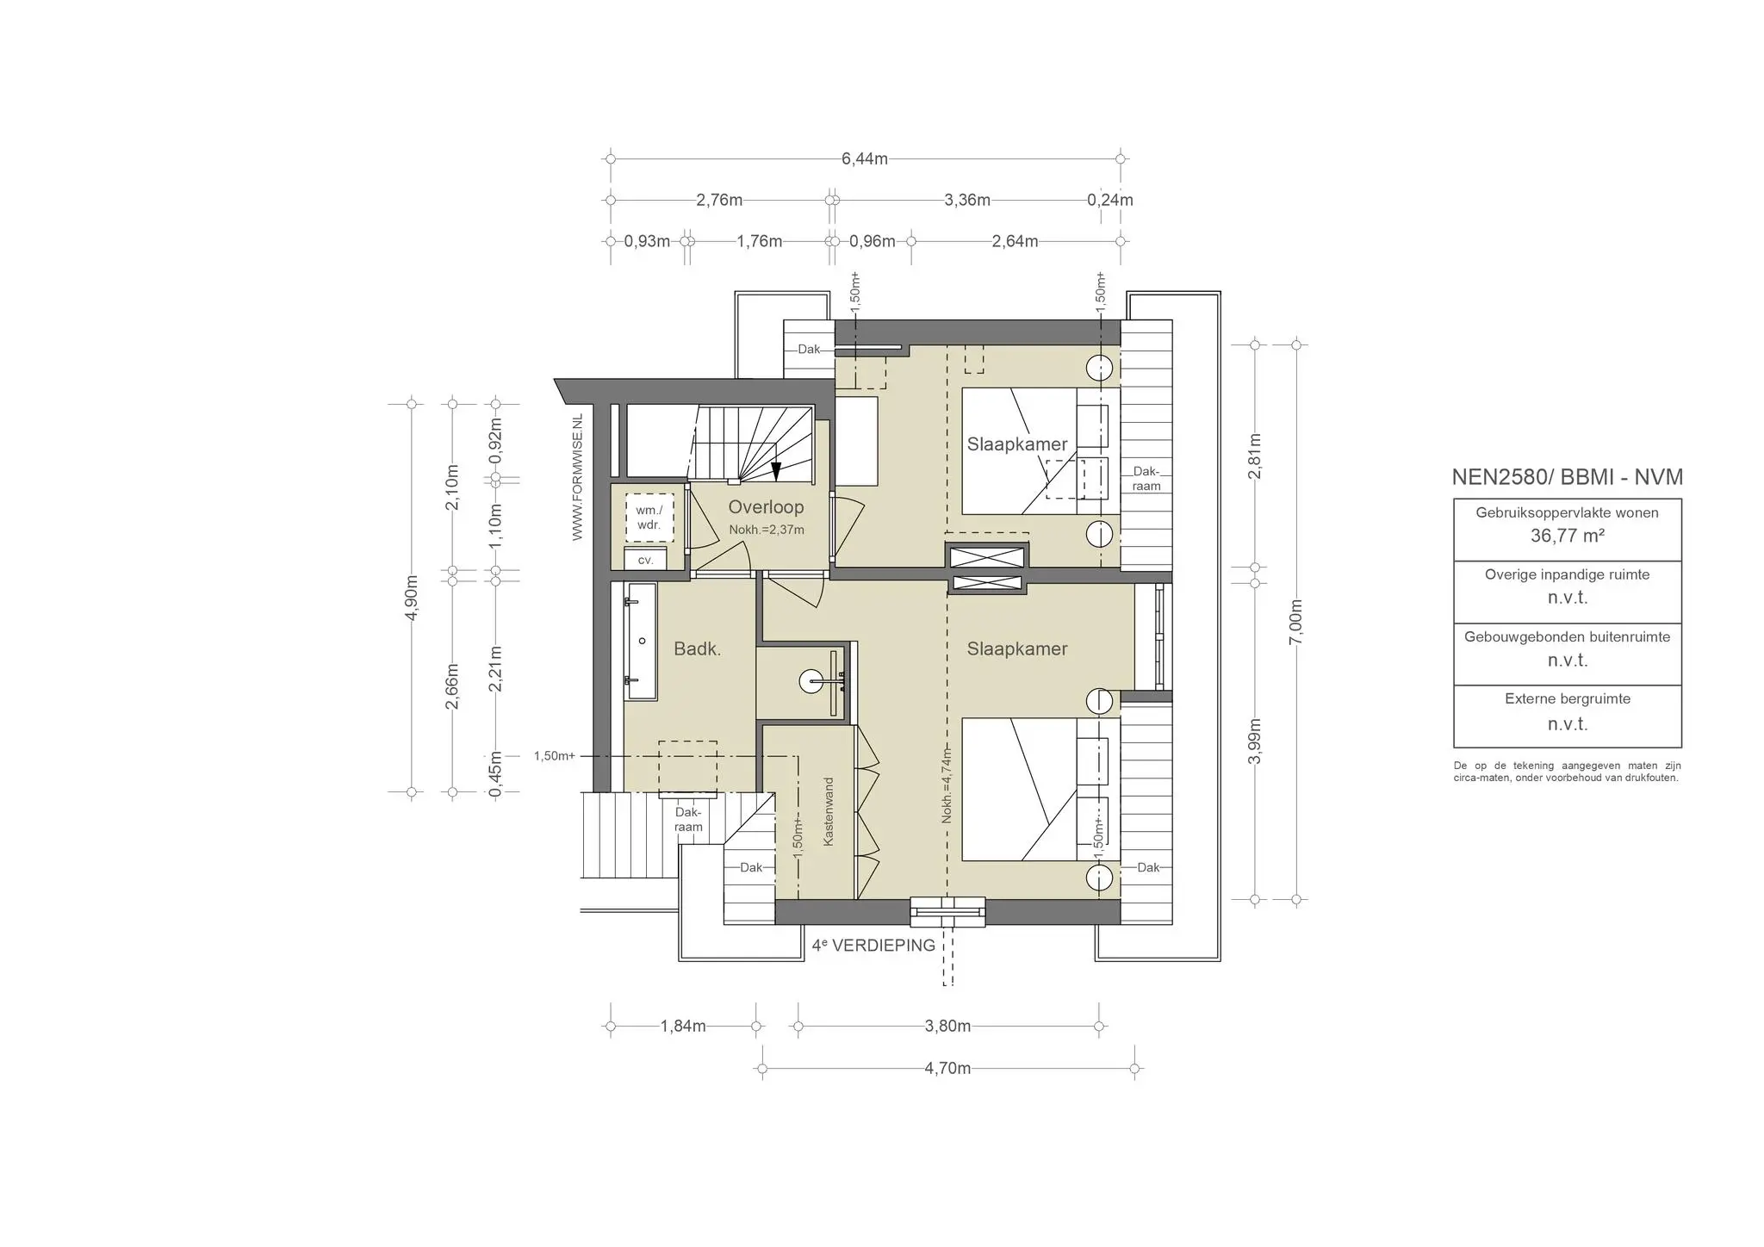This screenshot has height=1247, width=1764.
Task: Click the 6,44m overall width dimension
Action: [x=864, y=159]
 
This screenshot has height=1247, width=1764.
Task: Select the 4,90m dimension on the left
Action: [x=412, y=598]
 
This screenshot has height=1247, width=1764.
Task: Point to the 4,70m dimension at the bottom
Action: [x=947, y=1069]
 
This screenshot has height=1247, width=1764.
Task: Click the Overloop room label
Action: [x=766, y=507]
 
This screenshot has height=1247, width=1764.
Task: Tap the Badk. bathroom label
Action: [x=697, y=649]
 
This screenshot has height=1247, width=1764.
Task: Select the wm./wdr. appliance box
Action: [x=649, y=518]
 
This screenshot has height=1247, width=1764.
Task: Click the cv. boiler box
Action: [x=645, y=560]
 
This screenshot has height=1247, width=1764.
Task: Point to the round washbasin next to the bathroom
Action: [x=812, y=682]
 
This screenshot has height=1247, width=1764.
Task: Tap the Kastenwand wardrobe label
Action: [x=829, y=812]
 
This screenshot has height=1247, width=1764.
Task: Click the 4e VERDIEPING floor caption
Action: [x=873, y=946]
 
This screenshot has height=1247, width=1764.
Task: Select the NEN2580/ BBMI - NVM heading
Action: [x=1567, y=478]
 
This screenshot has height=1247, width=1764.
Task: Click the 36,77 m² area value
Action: [x=1567, y=536]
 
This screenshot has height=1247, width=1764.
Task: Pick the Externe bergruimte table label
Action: [x=1567, y=699]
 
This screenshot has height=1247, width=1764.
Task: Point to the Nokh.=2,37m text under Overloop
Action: [x=766, y=530]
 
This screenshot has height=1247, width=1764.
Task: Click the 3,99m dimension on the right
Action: [x=1256, y=741]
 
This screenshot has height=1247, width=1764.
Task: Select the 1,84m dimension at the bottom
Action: [x=683, y=1027]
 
